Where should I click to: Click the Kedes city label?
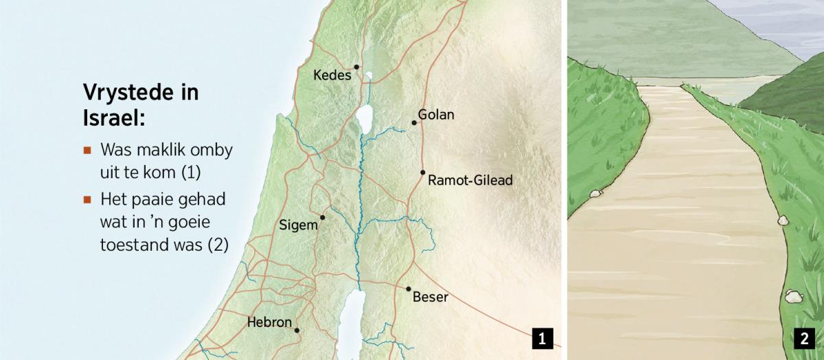click(332, 75)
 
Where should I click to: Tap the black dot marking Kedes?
click(356, 67)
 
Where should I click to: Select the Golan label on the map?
click(436, 115)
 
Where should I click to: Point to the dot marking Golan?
click(414, 123)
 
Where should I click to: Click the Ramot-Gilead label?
click(470, 181)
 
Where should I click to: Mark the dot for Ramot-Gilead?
click(423, 172)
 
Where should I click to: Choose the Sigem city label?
click(299, 225)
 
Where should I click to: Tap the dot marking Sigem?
click(322, 217)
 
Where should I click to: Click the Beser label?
click(431, 297)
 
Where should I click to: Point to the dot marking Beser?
click(409, 289)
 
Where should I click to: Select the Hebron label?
click(269, 322)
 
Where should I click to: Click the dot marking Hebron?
click(297, 330)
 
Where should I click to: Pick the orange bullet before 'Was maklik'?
click(87, 150)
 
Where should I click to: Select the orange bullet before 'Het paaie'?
click(87, 200)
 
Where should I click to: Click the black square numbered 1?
click(542, 338)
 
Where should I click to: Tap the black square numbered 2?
click(803, 338)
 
